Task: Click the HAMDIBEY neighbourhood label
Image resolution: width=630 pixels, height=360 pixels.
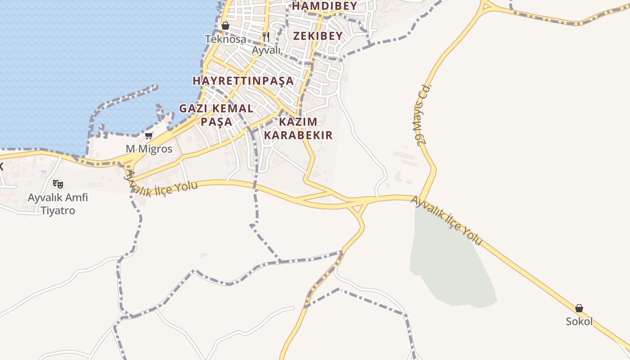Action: (x=324, y=6)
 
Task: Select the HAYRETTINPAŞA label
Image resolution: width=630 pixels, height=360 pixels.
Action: (x=243, y=81)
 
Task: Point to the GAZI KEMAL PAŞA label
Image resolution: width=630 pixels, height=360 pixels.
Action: (x=216, y=115)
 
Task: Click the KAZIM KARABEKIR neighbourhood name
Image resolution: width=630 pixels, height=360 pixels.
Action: (x=298, y=128)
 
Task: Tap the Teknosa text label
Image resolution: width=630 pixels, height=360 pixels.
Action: (x=226, y=39)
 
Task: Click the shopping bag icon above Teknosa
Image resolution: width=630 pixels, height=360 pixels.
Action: (x=225, y=26)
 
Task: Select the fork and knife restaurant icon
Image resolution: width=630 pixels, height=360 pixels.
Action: (x=266, y=36)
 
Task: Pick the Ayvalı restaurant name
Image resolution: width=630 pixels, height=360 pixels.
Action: (x=266, y=50)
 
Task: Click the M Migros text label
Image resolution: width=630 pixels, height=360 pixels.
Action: (x=149, y=149)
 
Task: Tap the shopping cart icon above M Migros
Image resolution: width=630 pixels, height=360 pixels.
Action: (x=148, y=135)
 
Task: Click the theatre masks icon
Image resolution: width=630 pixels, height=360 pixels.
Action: (x=58, y=184)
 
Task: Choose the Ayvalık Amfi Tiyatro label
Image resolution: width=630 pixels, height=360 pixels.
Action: (x=58, y=204)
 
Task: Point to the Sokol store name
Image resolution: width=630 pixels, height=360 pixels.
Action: (x=579, y=322)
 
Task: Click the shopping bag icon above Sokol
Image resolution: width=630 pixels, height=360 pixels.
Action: (x=579, y=308)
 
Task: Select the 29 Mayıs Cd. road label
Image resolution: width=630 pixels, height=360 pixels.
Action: (x=424, y=115)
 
